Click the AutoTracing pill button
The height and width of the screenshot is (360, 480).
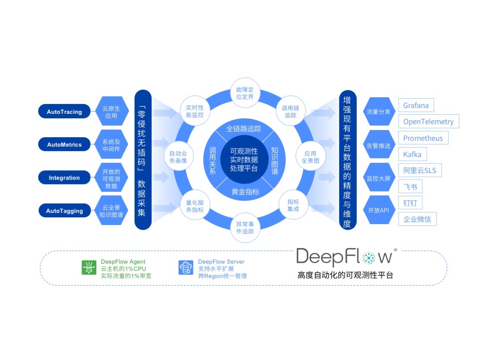click(64, 112)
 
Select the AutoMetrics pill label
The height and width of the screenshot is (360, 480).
click(64, 144)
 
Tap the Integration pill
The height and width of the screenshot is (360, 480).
click(64, 178)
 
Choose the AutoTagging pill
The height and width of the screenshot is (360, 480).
click(64, 211)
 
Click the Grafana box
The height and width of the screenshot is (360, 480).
click(416, 106)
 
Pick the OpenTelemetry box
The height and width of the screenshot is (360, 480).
click(428, 121)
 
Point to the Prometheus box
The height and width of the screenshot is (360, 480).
click(423, 138)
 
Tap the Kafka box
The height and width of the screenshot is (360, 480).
click(412, 154)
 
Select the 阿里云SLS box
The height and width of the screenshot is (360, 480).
click(420, 171)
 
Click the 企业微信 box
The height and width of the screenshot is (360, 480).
click(417, 219)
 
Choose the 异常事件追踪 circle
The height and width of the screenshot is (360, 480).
click(245, 228)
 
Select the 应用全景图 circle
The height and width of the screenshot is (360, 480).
click(310, 157)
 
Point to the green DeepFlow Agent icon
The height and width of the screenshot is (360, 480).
click(89, 268)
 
